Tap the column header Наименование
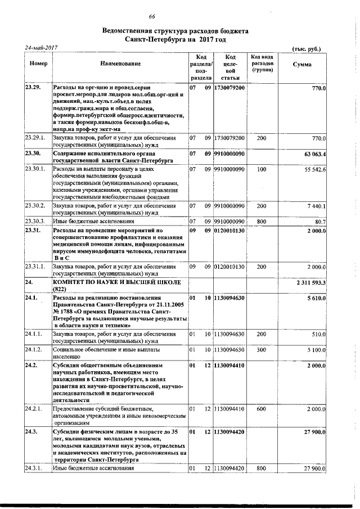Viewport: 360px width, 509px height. pyautogui.click(x=120, y=65)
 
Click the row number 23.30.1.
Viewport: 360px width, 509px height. pyautogui.click(x=34, y=169)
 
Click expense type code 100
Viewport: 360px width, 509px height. pyautogui.click(x=261, y=169)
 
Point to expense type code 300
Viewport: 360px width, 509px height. pyautogui.click(x=261, y=350)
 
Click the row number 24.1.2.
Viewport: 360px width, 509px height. pyautogui.click(x=33, y=350)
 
